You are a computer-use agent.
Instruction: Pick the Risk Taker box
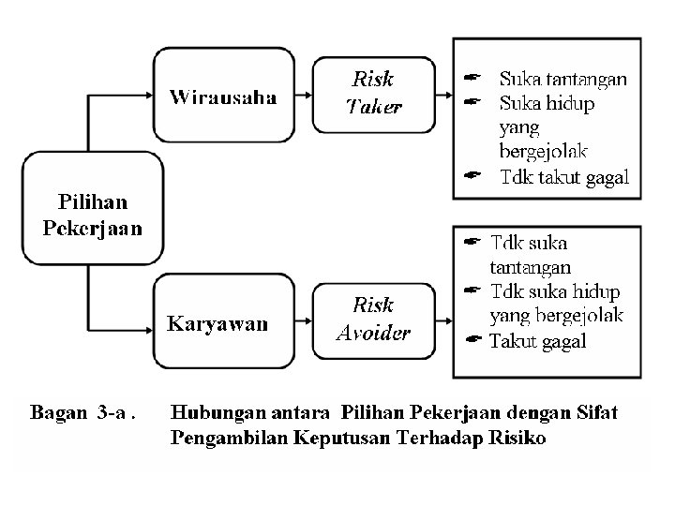point(372,94)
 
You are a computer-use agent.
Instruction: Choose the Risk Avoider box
point(372,320)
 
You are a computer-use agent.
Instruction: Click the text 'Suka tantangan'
point(562,79)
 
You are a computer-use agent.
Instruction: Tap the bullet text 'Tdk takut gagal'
point(564,177)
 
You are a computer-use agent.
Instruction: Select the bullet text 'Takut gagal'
point(537,341)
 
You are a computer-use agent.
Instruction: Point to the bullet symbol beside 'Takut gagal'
point(474,340)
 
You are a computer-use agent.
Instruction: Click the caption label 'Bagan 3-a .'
point(83,411)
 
